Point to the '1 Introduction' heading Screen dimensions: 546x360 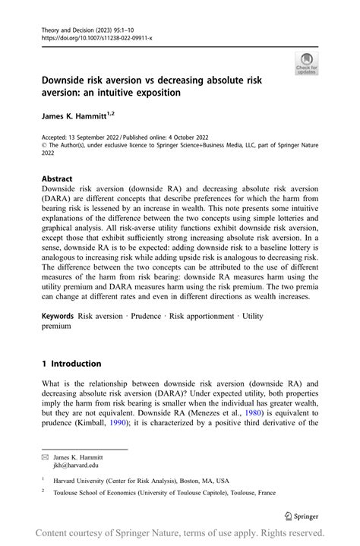coord(71,364)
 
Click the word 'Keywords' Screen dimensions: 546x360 coord(58,315)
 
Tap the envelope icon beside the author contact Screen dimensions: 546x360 coord(46,459)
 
